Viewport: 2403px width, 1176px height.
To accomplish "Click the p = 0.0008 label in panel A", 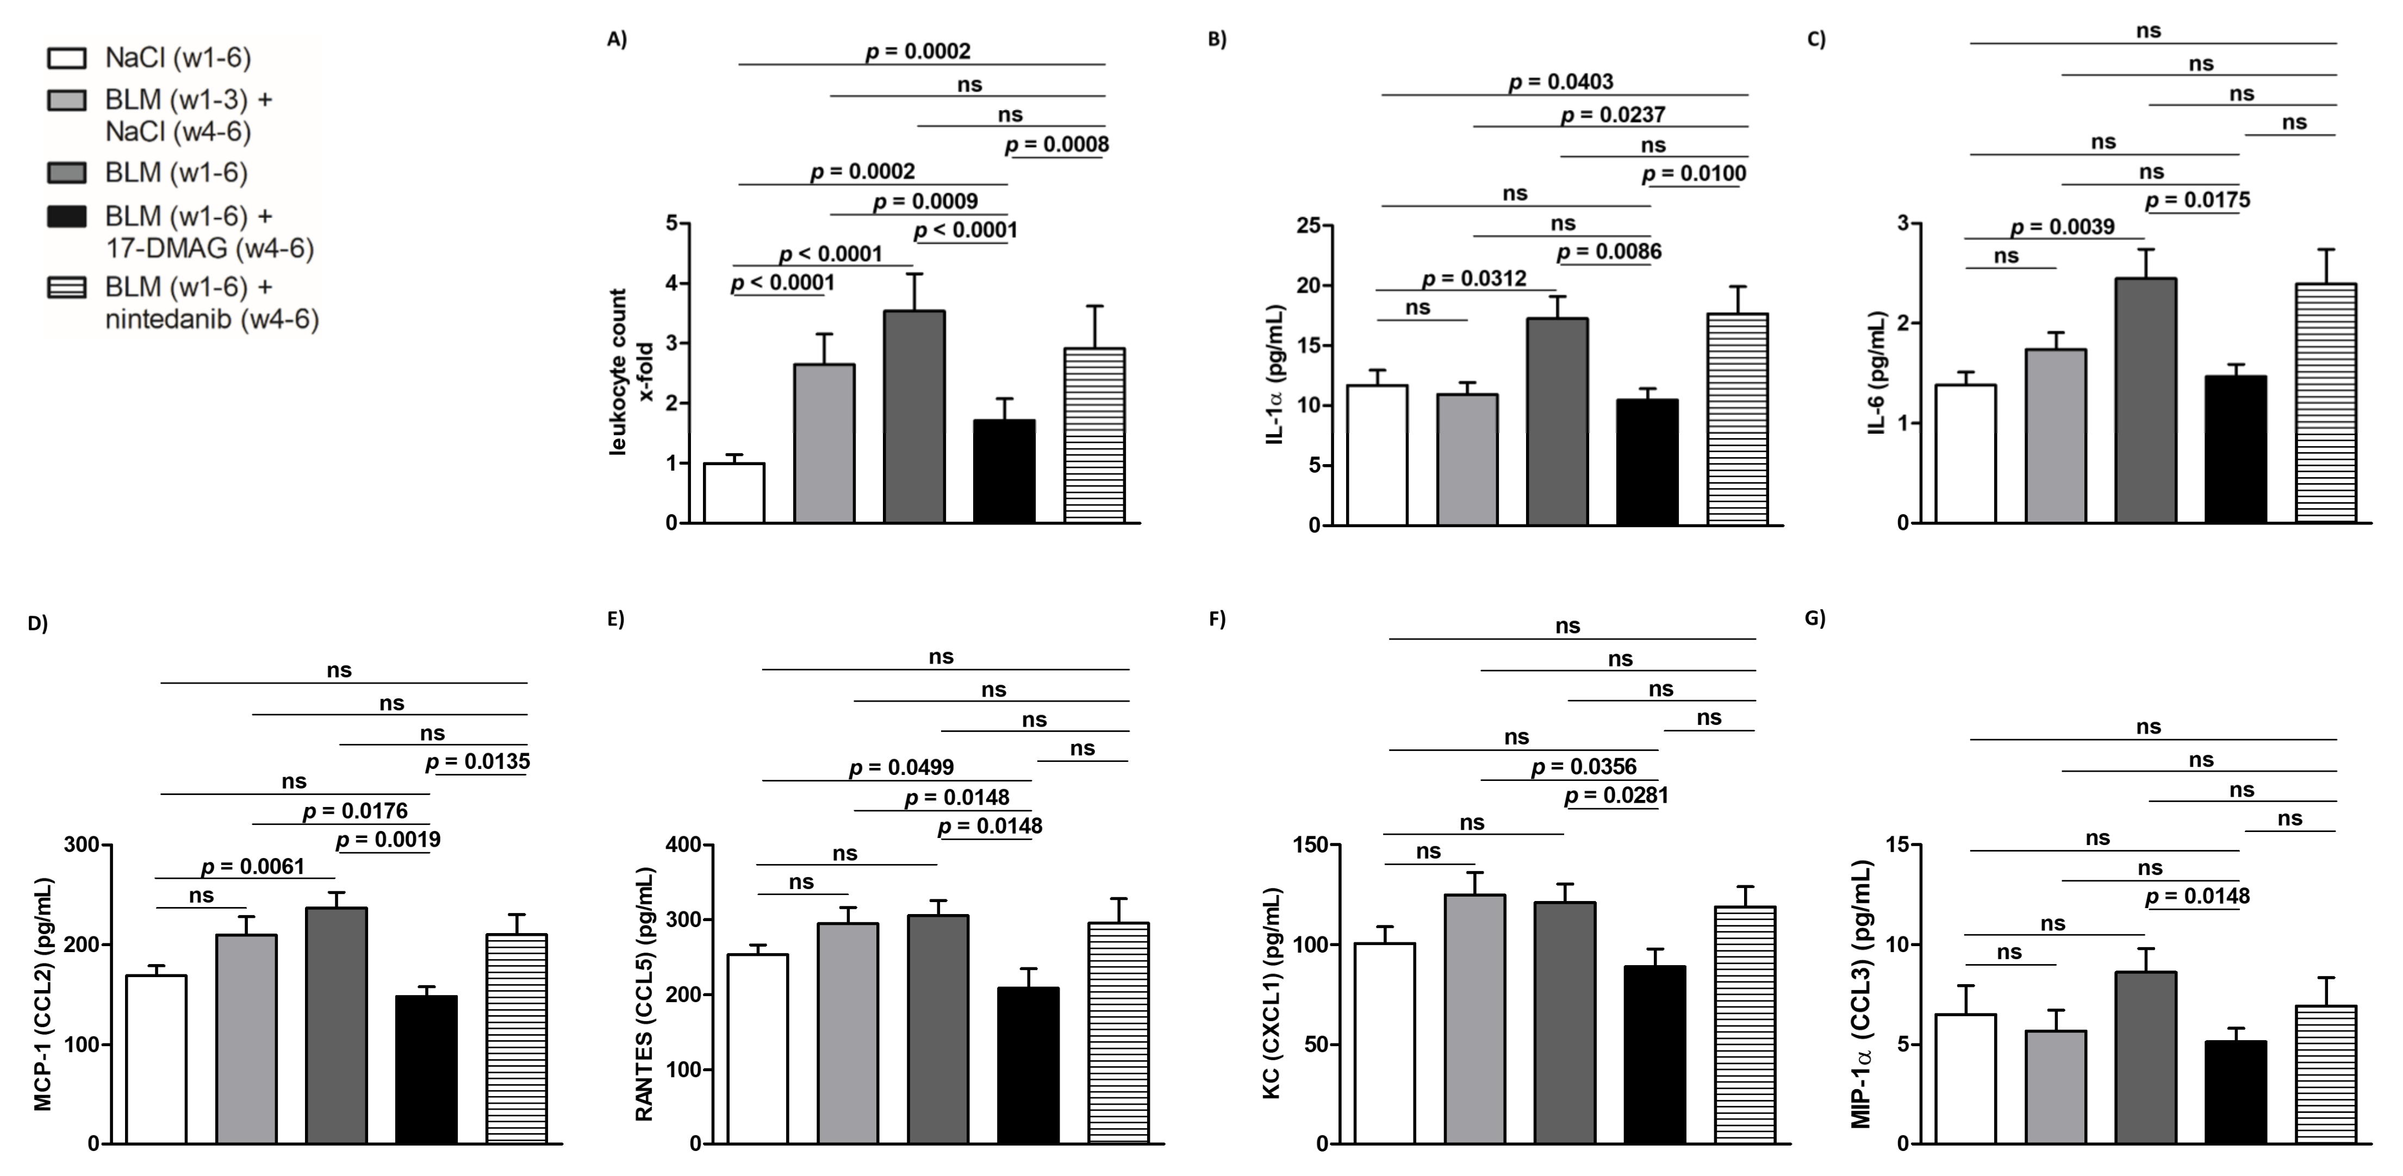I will [x=1057, y=145].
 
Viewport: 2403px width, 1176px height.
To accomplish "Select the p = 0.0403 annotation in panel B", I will [x=1561, y=82].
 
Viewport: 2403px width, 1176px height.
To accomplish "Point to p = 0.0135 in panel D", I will [x=478, y=762].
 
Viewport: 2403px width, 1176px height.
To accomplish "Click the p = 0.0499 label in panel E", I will [x=901, y=767].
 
